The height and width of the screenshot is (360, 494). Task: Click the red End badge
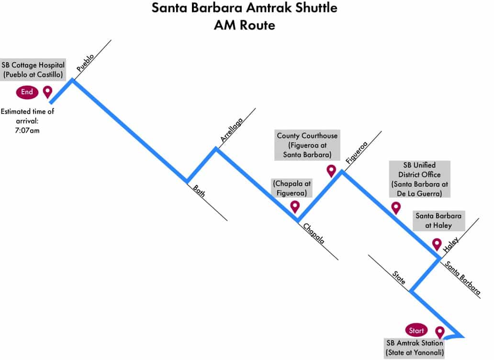(27, 92)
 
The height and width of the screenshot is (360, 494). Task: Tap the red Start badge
(416, 330)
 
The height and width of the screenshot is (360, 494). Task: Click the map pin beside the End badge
(47, 91)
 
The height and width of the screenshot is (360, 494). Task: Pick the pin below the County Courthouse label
(331, 170)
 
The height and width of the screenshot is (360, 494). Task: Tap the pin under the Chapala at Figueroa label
(295, 206)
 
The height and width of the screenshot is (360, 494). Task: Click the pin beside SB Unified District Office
(396, 207)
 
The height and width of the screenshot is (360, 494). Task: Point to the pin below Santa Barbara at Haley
(437, 244)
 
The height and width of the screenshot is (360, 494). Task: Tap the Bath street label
(199, 191)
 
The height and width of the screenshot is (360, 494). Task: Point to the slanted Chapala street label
(314, 233)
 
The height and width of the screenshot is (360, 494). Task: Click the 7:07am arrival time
(27, 130)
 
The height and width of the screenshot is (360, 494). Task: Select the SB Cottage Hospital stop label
(33, 69)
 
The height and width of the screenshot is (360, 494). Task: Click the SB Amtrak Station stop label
(415, 348)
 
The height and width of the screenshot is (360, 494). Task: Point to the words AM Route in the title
(244, 25)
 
